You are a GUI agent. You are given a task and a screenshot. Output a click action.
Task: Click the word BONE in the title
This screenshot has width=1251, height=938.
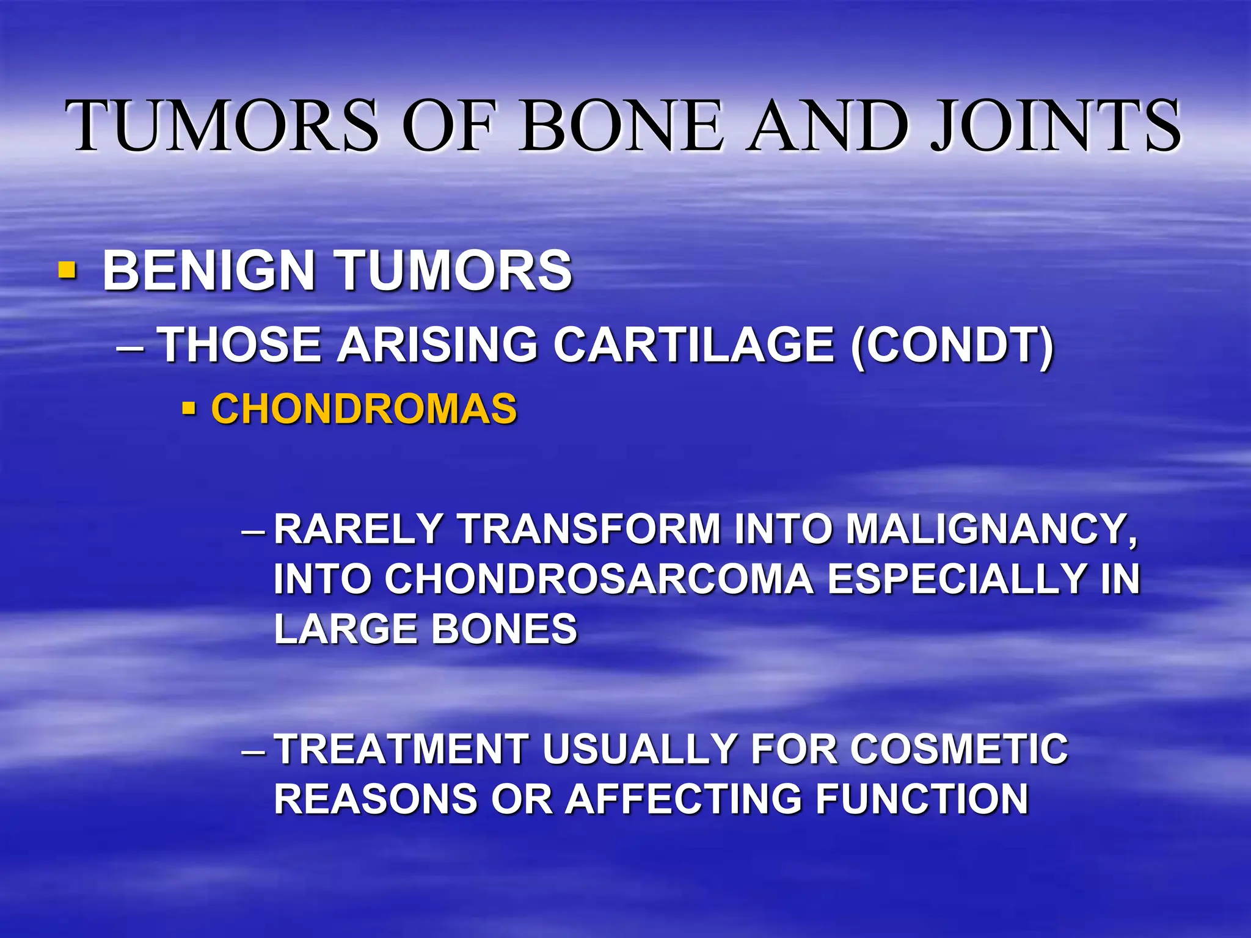click(622, 126)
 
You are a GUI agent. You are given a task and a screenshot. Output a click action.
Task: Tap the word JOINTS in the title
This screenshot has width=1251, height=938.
click(1056, 126)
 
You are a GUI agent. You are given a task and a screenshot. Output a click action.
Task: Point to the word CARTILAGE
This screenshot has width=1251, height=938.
click(693, 344)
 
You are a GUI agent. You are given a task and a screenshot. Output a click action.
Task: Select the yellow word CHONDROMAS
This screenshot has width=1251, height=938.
click(364, 409)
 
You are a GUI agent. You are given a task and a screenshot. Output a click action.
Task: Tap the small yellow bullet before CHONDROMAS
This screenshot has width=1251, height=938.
click(189, 407)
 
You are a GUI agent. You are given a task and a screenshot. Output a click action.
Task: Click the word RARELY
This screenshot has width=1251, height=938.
click(359, 529)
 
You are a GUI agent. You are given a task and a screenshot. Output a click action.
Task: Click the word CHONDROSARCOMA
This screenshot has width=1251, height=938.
click(599, 579)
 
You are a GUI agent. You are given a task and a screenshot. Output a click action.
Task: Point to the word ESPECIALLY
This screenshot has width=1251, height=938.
click(957, 579)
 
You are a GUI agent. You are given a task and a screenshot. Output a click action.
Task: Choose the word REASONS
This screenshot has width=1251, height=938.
click(375, 799)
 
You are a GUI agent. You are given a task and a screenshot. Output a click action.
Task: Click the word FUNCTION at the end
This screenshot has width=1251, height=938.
click(922, 799)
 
